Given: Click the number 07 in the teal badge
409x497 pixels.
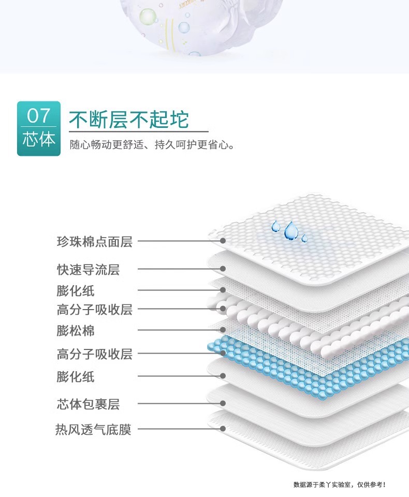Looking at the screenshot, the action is pos(38,115).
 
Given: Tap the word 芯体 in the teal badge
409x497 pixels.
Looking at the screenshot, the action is pos(38,139).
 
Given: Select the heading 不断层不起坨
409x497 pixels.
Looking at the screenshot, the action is pos(129,120).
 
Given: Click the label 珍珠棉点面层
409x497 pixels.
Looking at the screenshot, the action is pos(94,241).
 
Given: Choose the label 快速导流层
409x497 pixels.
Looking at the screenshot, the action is pos(88,269).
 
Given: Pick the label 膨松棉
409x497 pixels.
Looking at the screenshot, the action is pos(76,330).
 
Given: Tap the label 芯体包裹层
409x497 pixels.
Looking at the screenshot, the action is pos(88,403).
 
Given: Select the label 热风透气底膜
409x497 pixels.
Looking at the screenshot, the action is pos(94,430).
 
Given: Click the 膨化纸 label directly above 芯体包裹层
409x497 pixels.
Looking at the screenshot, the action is pos(76,376).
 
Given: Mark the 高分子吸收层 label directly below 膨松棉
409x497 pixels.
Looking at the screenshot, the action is pos(94,354).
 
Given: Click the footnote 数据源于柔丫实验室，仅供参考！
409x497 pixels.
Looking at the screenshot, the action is pos(339,485).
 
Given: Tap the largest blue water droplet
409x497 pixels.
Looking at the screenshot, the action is pos(291,230).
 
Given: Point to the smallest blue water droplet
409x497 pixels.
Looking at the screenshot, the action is pos(304,238).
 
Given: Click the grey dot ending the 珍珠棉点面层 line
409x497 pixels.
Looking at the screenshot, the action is pos(223,241).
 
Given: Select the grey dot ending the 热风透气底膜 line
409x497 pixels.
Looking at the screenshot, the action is pos(223,429).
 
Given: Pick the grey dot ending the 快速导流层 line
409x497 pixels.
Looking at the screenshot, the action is pos(223,269).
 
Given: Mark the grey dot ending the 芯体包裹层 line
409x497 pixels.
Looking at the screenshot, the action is pos(223,403).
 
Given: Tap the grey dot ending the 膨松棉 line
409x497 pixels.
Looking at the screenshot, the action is pos(223,330).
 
